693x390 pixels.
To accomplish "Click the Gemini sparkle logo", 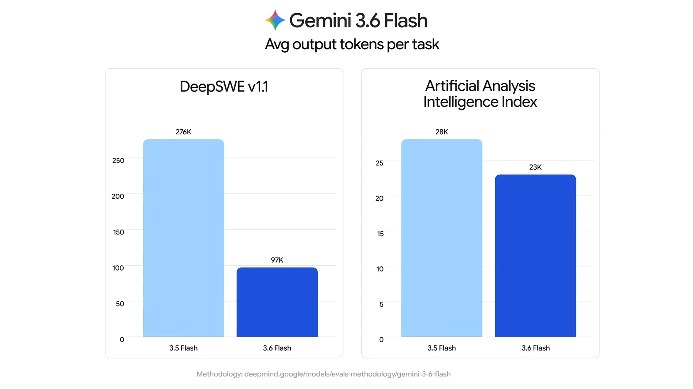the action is (x=275, y=20).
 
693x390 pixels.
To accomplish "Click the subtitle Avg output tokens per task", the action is (x=352, y=45).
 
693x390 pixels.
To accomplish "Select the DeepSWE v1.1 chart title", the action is (x=224, y=87).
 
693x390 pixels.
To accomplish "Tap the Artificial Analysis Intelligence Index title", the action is (x=480, y=94).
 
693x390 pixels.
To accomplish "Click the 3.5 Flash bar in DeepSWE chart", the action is (x=183, y=238).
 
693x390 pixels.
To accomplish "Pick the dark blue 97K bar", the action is (x=277, y=302).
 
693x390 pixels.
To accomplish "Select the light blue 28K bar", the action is (x=442, y=238).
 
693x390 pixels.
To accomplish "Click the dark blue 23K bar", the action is (x=536, y=256).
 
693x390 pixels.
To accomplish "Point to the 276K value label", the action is (x=183, y=132).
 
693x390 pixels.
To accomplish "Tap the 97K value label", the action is (x=277, y=260).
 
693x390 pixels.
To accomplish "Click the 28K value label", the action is (x=442, y=132).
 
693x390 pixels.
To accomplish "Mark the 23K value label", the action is (x=536, y=167).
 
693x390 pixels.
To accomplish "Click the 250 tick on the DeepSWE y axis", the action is (x=118, y=161).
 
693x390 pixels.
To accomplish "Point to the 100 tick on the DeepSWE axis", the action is (x=118, y=268).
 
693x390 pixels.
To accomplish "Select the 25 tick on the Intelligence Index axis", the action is (x=380, y=163).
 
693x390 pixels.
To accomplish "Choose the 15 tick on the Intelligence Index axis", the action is (x=380, y=234).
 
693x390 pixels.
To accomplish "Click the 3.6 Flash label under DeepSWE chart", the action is (x=277, y=348).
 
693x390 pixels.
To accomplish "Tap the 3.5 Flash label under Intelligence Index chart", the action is (x=442, y=348).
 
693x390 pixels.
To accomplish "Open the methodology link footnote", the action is (x=323, y=374).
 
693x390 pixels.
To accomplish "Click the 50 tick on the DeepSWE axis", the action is (x=120, y=304).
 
